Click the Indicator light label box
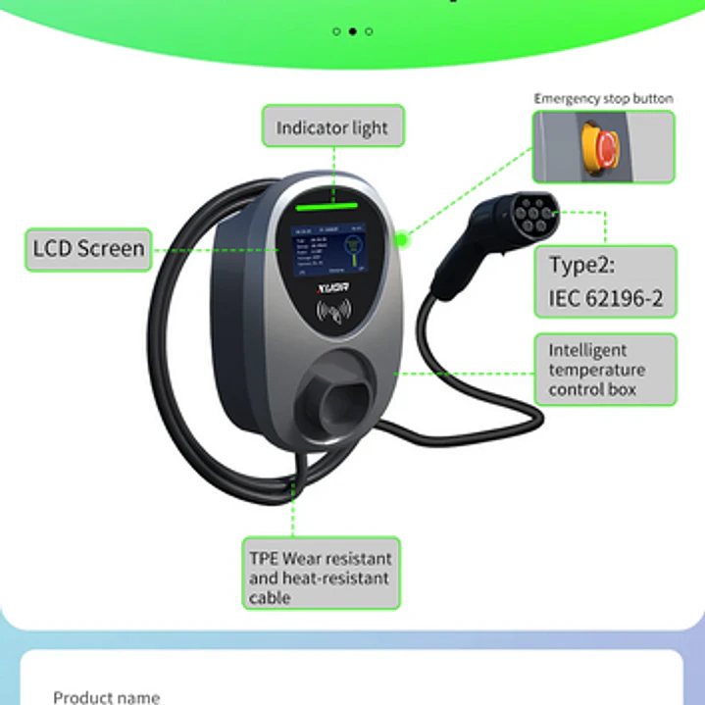tap(332, 126)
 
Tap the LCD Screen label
tap(88, 249)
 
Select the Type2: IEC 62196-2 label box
tap(605, 281)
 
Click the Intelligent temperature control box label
tap(605, 370)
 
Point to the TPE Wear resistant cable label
tap(321, 573)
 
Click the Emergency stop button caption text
tap(603, 98)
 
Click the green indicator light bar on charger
tap(331, 207)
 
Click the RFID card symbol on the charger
tap(333, 313)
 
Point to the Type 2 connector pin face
tap(537, 210)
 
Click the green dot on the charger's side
tap(401, 237)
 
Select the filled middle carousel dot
tap(353, 31)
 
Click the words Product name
tap(106, 697)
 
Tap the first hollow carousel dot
tap(337, 31)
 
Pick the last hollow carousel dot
tap(369, 31)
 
